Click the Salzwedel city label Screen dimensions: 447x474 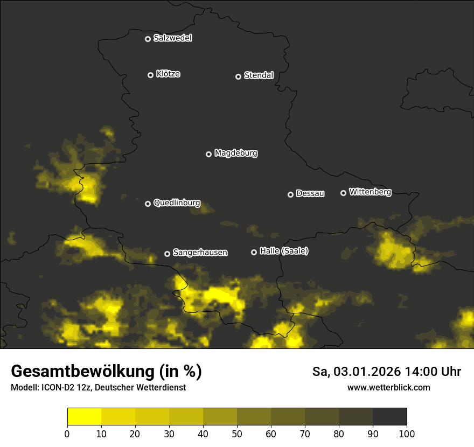tap(172, 38)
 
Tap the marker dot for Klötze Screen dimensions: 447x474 tap(150, 75)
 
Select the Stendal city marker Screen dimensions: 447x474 tap(238, 76)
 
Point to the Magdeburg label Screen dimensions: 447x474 tap(236, 153)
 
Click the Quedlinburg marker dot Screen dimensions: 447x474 tap(148, 204)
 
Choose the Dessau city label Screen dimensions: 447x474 tap(310, 194)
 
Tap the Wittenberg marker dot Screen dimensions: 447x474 tap(343, 193)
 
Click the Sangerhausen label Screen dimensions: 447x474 tap(200, 253)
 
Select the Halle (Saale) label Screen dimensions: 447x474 tap(284, 252)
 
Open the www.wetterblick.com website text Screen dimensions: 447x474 tap(389, 387)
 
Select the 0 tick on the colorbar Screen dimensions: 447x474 tap(67, 434)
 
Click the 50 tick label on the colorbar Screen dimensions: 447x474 tap(237, 434)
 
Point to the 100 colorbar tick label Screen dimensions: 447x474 tap(407, 434)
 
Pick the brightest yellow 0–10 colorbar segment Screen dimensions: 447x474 tap(84, 417)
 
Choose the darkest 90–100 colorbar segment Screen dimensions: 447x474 tap(390, 417)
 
